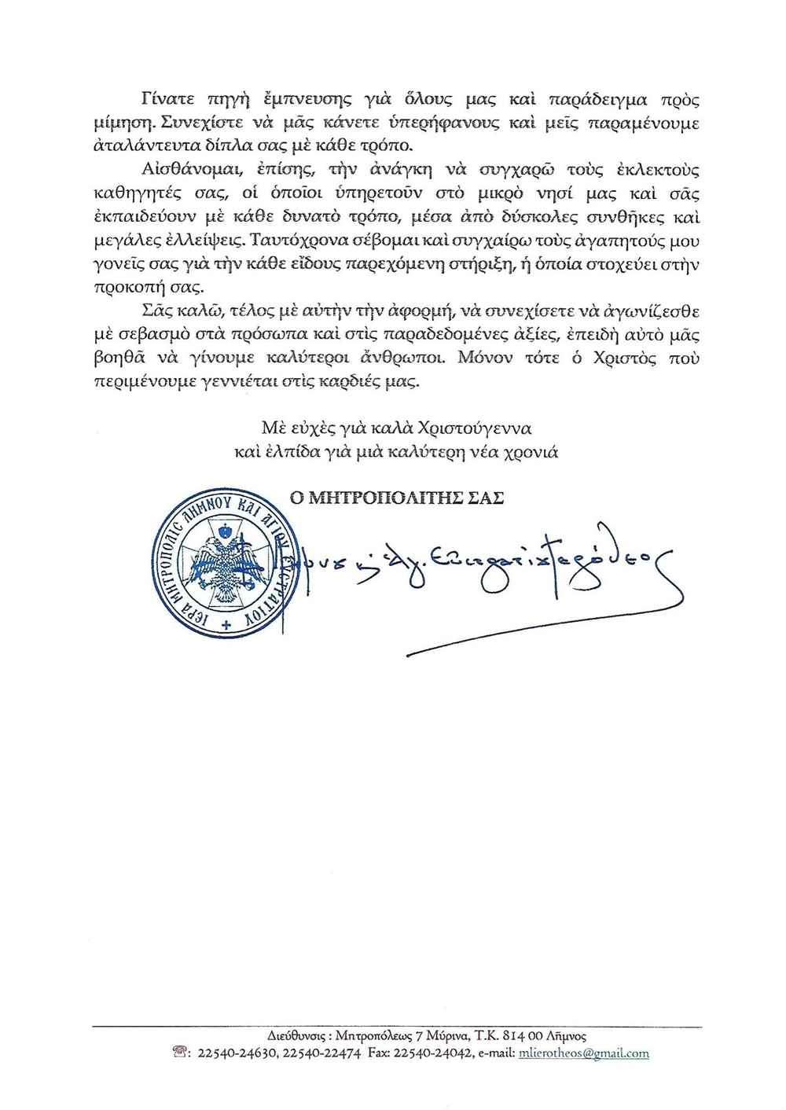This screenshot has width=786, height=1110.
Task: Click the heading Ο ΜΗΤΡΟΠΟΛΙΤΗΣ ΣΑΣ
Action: coord(396,498)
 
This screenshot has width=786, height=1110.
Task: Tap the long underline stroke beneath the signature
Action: coord(542,629)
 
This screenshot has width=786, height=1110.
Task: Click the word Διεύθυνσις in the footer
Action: coord(292,1035)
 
